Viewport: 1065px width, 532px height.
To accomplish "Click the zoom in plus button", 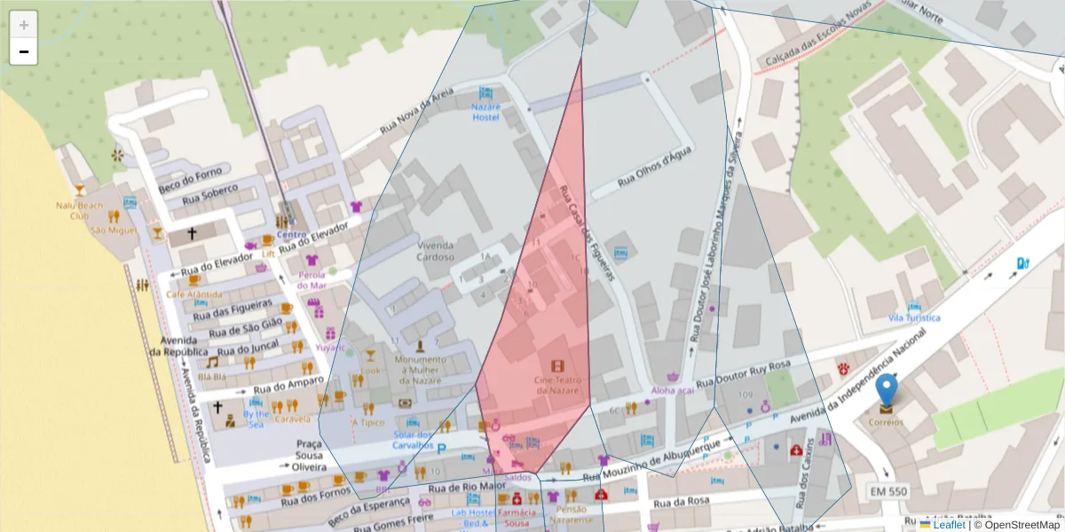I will pyautogui.click(x=24, y=25).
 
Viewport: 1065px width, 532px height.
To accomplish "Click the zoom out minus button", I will pyautogui.click(x=24, y=51).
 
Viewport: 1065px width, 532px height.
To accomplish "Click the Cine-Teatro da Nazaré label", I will pyautogui.click(x=557, y=385).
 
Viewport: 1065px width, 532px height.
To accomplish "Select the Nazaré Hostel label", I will pyautogui.click(x=485, y=112).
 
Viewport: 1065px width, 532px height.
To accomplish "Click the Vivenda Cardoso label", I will pyautogui.click(x=435, y=251).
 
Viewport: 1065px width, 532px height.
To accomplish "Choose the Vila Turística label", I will pyautogui.click(x=913, y=317).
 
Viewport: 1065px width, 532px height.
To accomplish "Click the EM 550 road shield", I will pyautogui.click(x=888, y=491).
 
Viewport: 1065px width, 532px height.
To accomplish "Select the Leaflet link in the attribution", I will pyautogui.click(x=949, y=524).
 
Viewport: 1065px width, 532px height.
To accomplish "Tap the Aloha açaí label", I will pyautogui.click(x=672, y=390).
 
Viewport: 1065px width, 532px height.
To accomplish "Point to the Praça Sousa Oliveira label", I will pyautogui.click(x=309, y=455).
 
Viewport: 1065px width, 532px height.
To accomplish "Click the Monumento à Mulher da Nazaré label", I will pyautogui.click(x=421, y=370).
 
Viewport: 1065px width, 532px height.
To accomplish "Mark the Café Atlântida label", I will pyautogui.click(x=193, y=293).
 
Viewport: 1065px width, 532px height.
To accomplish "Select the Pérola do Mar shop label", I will pyautogui.click(x=312, y=280).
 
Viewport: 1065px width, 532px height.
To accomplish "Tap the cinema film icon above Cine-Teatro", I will pyautogui.click(x=557, y=366).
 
